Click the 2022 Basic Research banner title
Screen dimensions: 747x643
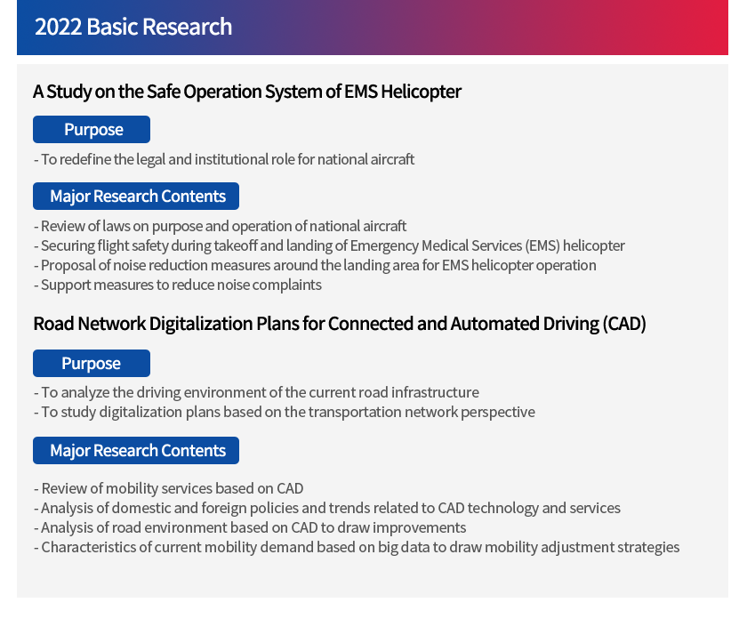point(133,27)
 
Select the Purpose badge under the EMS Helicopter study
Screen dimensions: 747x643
point(92,129)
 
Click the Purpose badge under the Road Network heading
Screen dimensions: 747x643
point(92,364)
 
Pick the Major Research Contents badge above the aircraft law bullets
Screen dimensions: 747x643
point(136,196)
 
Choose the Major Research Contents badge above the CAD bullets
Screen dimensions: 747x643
point(136,450)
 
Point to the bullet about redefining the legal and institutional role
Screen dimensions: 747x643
point(224,159)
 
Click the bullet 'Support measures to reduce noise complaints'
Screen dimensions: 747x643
point(178,285)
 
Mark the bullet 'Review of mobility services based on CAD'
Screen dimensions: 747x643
point(169,488)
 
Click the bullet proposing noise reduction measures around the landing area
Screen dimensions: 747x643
point(315,265)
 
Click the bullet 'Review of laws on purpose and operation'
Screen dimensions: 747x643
point(221,226)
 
